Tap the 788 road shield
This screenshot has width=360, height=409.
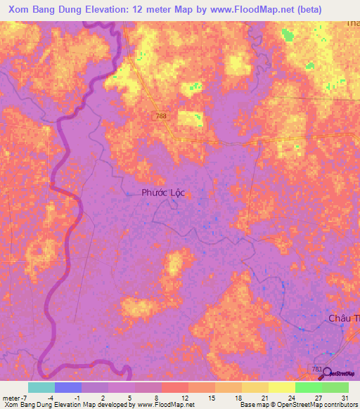(162, 116)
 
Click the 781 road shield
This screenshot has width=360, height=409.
(318, 368)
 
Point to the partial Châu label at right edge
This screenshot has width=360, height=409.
(345, 318)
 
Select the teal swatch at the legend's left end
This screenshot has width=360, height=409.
(41, 387)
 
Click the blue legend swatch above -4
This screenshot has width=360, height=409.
(68, 387)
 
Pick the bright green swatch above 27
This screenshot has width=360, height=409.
(308, 387)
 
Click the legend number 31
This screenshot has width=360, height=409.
(344, 397)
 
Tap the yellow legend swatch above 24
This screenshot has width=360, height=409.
(281, 387)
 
